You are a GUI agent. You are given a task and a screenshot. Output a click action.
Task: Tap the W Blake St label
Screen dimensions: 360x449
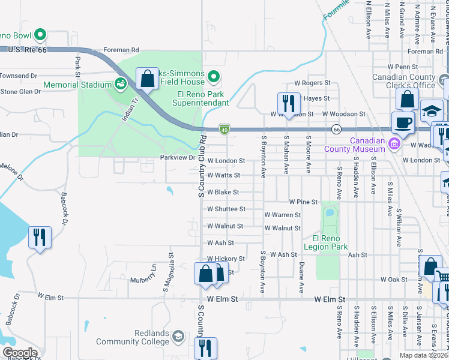coord(223,193)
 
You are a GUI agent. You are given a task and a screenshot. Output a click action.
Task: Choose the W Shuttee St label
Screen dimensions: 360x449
coord(226,209)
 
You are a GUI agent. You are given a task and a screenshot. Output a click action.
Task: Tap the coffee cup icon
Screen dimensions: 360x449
coord(403,122)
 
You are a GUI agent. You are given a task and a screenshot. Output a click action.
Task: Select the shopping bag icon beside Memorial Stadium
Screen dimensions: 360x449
coord(147,78)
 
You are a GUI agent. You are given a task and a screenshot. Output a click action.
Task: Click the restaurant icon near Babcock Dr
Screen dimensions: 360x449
coord(40,237)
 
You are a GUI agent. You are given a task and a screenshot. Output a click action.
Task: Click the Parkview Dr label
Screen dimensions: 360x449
coord(178,158)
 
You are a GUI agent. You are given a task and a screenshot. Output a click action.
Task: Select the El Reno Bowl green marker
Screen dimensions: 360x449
coord(40,35)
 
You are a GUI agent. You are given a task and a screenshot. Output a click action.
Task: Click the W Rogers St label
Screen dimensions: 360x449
coord(312,83)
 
